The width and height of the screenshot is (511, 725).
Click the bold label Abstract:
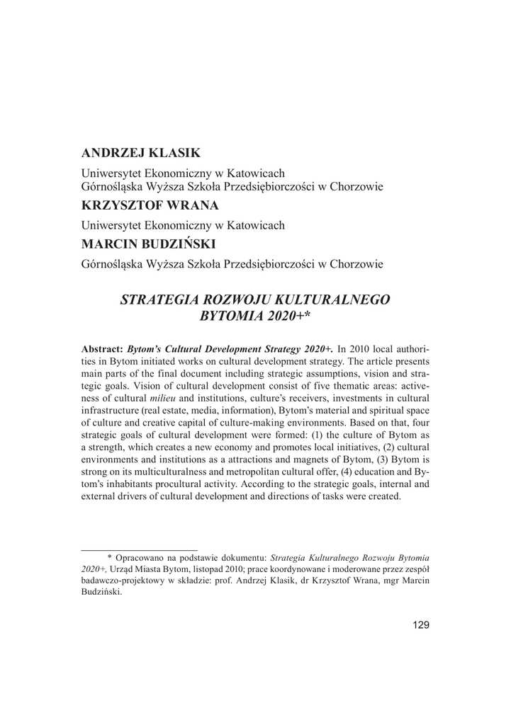[103, 349]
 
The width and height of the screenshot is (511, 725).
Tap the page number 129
[420, 624]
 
